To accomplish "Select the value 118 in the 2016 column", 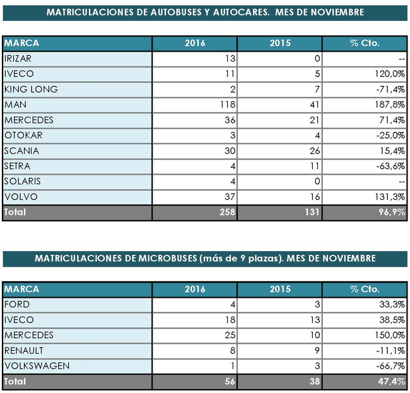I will click(226, 105).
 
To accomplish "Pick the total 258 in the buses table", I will click(226, 213).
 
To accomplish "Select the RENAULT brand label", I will click(23, 351).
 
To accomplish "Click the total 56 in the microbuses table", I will click(230, 382).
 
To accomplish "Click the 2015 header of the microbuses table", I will click(279, 289).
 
